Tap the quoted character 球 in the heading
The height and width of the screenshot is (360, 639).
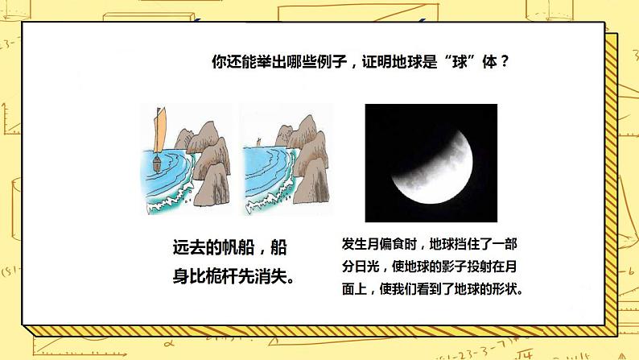460,62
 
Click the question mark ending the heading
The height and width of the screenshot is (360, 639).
505,62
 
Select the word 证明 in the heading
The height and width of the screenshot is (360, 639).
377,62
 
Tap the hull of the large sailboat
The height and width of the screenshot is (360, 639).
157,163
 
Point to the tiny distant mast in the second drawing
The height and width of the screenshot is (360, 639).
258,142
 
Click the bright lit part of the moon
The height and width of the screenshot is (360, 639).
437,176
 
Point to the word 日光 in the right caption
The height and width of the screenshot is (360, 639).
367,267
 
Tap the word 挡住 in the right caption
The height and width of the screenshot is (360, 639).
467,244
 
